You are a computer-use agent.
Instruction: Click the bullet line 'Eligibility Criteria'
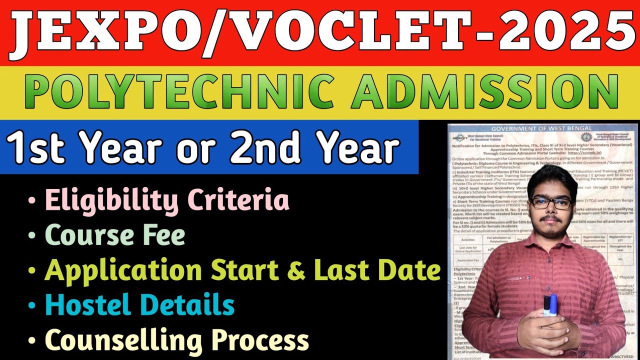pyautogui.click(x=167, y=200)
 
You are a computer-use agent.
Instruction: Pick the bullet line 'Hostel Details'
pyautogui.click(x=140, y=305)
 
